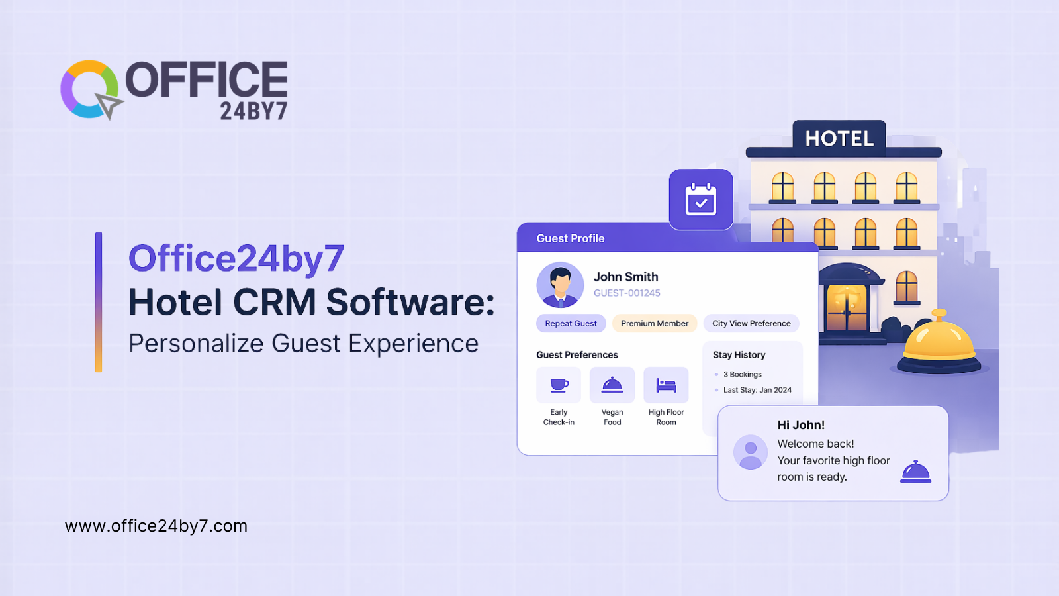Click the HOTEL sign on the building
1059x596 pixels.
(x=839, y=138)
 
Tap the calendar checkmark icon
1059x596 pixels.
(x=701, y=199)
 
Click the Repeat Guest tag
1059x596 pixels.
(x=571, y=323)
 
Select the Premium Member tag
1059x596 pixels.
(x=655, y=323)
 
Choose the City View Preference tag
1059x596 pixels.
(x=751, y=323)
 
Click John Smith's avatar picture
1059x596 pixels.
(x=560, y=285)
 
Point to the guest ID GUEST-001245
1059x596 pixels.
(x=627, y=293)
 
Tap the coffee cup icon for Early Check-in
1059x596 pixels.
(x=559, y=385)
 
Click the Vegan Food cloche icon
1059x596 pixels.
(x=612, y=385)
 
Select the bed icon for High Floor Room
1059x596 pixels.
(x=666, y=385)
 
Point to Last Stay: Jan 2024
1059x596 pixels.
(x=757, y=390)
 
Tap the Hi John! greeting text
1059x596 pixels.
(x=801, y=425)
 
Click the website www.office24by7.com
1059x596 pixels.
(x=156, y=526)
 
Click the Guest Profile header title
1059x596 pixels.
(x=571, y=238)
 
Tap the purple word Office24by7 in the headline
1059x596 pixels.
(x=236, y=258)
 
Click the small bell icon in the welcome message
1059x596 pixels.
(x=915, y=472)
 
